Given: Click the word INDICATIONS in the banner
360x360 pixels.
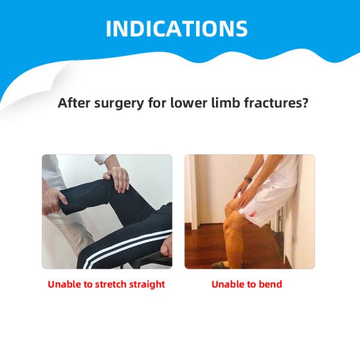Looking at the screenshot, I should pos(176,29).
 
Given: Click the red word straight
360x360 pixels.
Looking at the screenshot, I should pos(142,284).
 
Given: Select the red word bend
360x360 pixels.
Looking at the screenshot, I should pos(269,284).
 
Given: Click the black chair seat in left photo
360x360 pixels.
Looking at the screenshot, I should pos(144,258).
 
